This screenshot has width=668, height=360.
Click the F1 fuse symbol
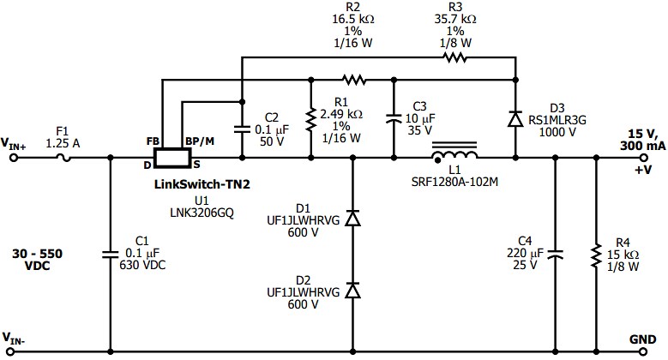(62, 158)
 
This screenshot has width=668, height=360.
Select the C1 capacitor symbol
(111, 254)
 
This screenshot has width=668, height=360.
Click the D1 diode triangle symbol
(352, 219)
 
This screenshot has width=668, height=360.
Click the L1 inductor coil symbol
(454, 156)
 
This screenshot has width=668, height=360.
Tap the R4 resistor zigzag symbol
(595, 255)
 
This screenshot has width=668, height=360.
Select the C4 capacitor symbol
(554, 254)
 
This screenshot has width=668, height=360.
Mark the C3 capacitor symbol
(393, 120)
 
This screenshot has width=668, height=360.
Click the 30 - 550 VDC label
(37, 260)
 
